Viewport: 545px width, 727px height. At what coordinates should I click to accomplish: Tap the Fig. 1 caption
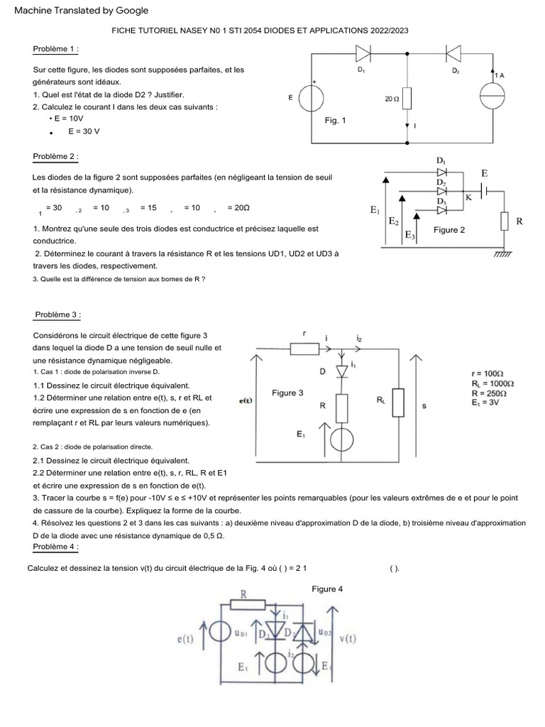(x=335, y=121)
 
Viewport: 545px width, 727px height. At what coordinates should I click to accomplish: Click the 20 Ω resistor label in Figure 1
(x=392, y=99)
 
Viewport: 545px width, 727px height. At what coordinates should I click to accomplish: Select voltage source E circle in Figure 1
(x=312, y=98)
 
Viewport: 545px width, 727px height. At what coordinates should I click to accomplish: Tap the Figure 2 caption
(x=449, y=229)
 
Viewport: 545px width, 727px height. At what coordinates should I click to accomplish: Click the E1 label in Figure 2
(x=375, y=210)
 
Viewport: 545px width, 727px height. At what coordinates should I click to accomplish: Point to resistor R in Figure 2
(x=505, y=222)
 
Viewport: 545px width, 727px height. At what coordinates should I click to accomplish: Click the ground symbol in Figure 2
(x=503, y=251)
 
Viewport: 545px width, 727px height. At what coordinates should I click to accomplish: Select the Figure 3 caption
(x=287, y=393)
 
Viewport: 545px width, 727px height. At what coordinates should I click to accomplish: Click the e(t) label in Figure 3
(x=246, y=401)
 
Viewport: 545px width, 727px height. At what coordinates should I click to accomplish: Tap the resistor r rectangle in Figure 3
(x=306, y=348)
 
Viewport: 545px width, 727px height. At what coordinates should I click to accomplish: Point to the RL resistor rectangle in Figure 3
(x=397, y=402)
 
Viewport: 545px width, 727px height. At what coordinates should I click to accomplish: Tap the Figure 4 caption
(x=327, y=589)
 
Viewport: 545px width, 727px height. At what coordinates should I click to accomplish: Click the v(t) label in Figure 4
(x=348, y=639)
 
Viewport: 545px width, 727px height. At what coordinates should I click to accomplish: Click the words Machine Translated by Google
(x=82, y=10)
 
